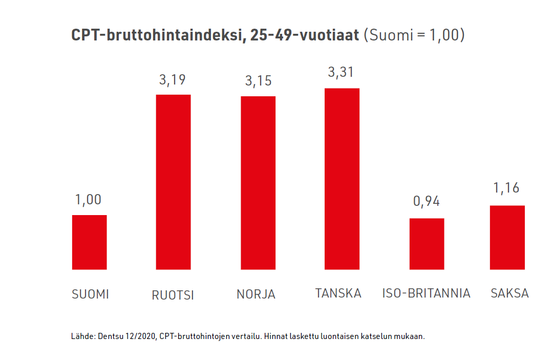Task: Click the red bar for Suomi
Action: (x=89, y=242)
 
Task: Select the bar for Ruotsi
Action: (x=173, y=182)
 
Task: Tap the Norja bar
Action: (x=258, y=183)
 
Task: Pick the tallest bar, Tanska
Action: (x=342, y=179)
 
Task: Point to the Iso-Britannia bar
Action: (x=427, y=244)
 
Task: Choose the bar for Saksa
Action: (x=507, y=238)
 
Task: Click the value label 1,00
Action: (x=89, y=200)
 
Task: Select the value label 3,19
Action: (x=173, y=80)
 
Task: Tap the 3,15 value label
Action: (x=258, y=81)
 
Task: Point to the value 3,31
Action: (x=341, y=73)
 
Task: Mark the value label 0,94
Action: (x=427, y=201)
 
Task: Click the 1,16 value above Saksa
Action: (x=506, y=188)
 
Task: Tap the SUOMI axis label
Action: (x=90, y=294)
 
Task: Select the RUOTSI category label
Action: (x=173, y=295)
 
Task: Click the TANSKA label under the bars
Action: (x=338, y=293)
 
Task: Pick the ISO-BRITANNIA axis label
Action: (x=426, y=293)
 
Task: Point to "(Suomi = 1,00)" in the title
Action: (x=414, y=35)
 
